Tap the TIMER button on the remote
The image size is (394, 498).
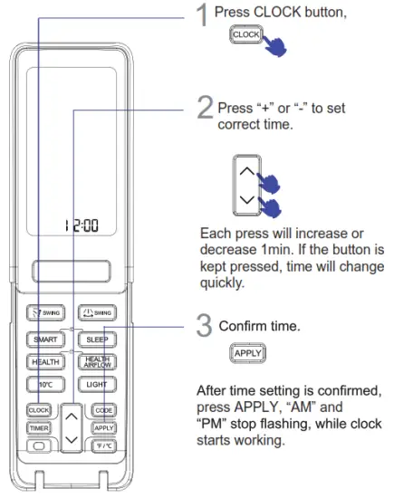38,428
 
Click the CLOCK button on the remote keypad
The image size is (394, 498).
38,409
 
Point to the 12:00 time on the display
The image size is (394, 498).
78,226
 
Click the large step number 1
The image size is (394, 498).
205,16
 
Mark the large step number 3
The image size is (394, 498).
205,324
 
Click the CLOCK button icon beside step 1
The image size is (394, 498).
245,34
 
